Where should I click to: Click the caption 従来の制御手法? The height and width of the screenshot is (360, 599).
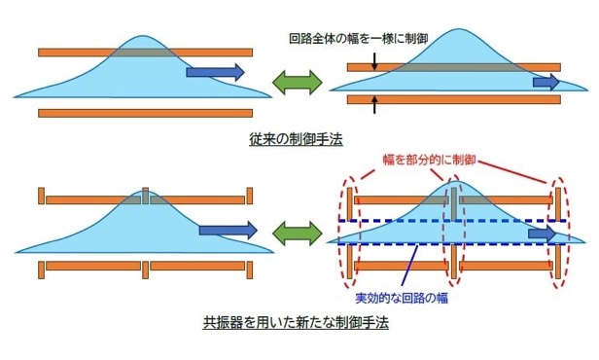click(296, 139)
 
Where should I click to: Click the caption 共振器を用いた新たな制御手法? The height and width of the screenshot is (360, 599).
click(296, 323)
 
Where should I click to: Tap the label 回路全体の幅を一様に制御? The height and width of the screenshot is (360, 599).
click(358, 39)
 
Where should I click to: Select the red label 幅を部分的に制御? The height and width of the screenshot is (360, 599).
click(430, 160)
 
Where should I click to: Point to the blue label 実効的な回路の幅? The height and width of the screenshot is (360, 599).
click(402, 298)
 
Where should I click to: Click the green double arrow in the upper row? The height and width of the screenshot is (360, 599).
click(298, 82)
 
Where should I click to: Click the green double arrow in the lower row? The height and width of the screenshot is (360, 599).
click(298, 234)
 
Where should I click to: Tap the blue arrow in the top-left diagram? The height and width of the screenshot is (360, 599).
click(215, 72)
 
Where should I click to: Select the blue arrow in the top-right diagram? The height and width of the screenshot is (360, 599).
click(546, 82)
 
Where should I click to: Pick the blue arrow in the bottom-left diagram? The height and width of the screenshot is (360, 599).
click(229, 230)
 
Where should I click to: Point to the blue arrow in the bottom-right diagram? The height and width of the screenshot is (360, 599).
click(542, 234)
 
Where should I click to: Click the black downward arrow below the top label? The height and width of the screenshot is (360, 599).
click(374, 61)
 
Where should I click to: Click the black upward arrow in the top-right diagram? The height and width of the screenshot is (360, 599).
click(374, 104)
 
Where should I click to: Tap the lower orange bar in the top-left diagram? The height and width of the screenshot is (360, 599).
click(146, 113)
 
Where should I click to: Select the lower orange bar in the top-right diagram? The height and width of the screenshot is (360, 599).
click(454, 100)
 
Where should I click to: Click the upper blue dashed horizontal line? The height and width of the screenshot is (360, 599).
click(452, 221)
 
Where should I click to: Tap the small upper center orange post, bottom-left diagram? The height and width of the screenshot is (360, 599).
click(145, 196)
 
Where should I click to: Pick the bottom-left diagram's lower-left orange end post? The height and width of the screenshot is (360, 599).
click(41, 270)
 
